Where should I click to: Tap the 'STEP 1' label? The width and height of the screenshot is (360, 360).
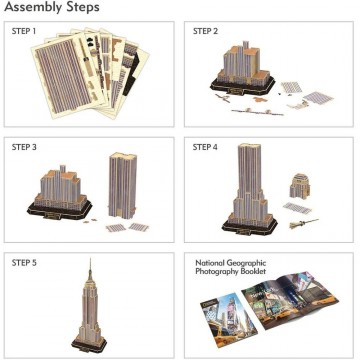point(24,32)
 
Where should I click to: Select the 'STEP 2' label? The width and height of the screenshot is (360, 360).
point(206,32)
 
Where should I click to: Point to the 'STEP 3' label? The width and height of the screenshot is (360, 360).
point(24,147)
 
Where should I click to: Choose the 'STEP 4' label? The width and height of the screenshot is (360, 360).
point(206,147)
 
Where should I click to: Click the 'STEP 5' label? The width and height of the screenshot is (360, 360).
point(24,262)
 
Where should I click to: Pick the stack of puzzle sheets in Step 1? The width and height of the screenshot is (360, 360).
point(86,75)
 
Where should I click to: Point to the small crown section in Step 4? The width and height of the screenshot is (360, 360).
point(298,186)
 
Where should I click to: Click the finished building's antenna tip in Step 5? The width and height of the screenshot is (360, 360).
point(87,261)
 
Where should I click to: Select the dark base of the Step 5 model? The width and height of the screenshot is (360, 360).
point(88,342)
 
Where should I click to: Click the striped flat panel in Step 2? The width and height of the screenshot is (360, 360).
point(318,97)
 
